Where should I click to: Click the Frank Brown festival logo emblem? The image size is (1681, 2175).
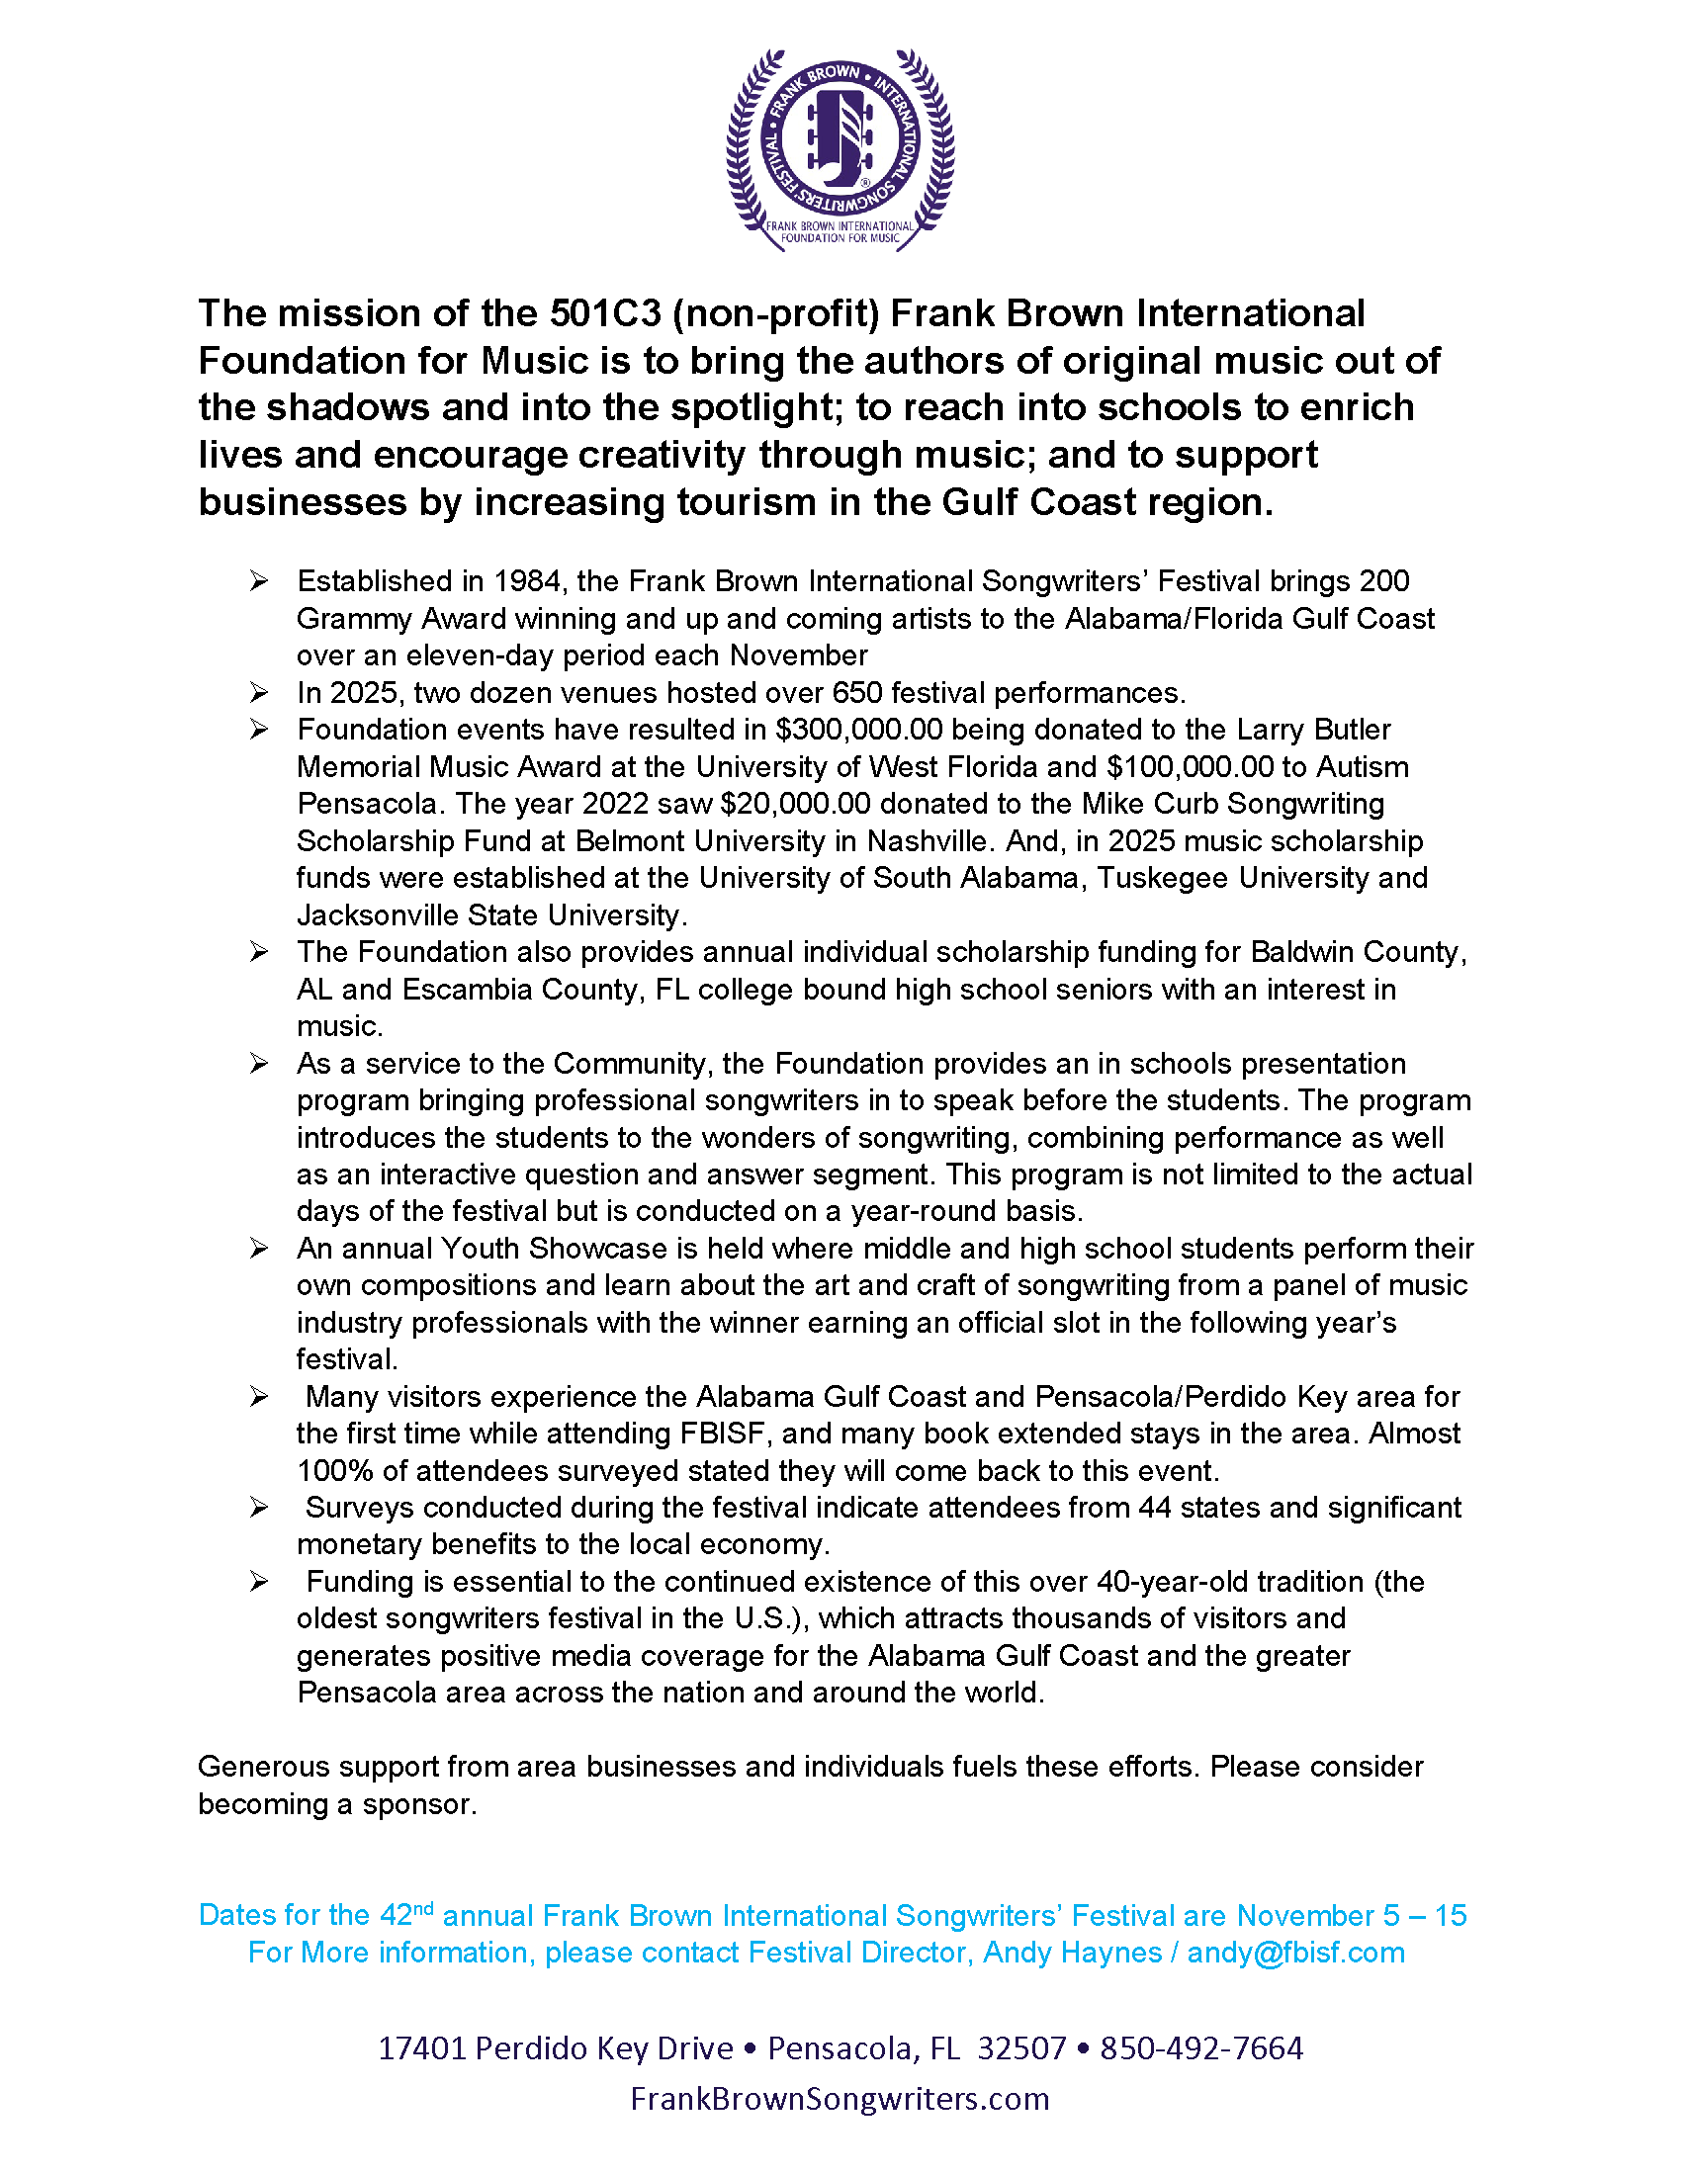[x=840, y=149]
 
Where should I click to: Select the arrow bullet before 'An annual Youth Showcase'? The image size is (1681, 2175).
[x=259, y=1248]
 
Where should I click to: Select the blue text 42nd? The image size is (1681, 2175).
[x=406, y=1915]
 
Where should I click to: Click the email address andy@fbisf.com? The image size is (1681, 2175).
[x=1295, y=1953]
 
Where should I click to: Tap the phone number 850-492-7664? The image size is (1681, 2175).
[x=1201, y=2048]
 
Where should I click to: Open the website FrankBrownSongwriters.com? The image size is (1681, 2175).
[x=840, y=2099]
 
